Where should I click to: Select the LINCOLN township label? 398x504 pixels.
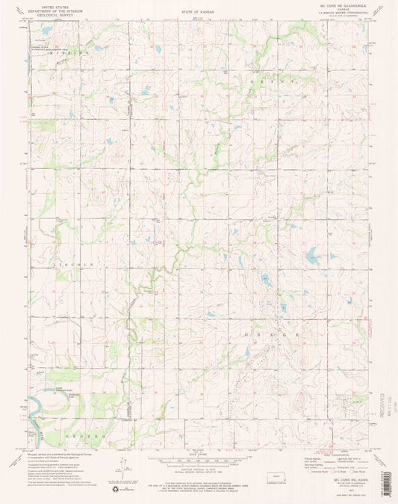click(75, 265)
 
